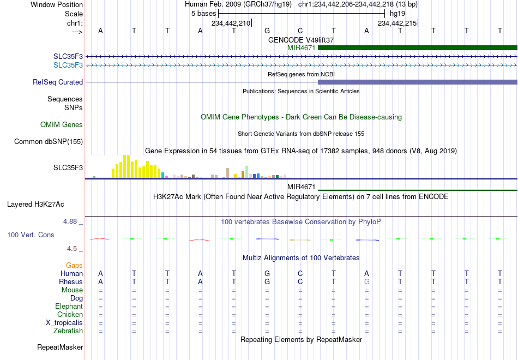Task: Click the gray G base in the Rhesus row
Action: pos(367,281)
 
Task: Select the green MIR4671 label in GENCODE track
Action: pos(302,47)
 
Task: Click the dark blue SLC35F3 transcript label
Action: pos(68,57)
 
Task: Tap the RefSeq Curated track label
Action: pos(58,82)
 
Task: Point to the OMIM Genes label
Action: pos(62,124)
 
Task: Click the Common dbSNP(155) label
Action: pos(49,141)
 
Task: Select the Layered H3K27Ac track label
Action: pos(35,205)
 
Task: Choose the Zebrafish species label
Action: pos(68,331)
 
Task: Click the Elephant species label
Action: pos(69,306)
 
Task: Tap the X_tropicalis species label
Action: pos(64,323)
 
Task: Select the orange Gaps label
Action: pos(74,266)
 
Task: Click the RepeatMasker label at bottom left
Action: pos(60,347)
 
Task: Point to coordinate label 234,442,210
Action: pos(231,23)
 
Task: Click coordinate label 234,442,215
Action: pos(397,23)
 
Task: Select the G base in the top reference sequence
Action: pos(267,31)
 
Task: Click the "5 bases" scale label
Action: pos(203,14)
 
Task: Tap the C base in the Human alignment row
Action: pos(300,273)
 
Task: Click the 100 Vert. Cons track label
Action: pos(31,235)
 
